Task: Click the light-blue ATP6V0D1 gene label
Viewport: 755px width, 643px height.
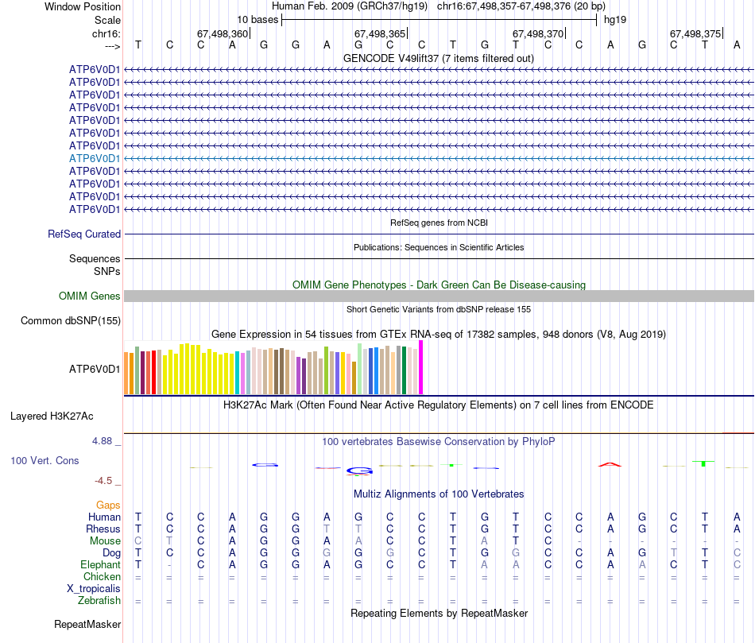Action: [x=95, y=158]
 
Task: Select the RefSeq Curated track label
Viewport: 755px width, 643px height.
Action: [x=84, y=234]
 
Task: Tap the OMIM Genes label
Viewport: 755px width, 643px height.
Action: [x=90, y=296]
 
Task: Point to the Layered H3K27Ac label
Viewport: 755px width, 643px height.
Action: [x=52, y=416]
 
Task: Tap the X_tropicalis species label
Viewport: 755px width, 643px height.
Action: [x=94, y=589]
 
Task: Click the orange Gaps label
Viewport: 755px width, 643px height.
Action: [x=108, y=505]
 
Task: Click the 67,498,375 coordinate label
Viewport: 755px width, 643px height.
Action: [x=695, y=34]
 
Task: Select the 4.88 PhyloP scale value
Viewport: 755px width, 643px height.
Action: [x=106, y=441]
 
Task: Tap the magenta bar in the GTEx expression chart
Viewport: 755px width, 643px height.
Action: [x=420, y=367]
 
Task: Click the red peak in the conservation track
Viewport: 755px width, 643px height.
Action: [x=609, y=464]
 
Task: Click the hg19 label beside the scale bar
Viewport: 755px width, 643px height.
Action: [x=615, y=19]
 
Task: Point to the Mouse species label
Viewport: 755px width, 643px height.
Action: [x=105, y=540]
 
